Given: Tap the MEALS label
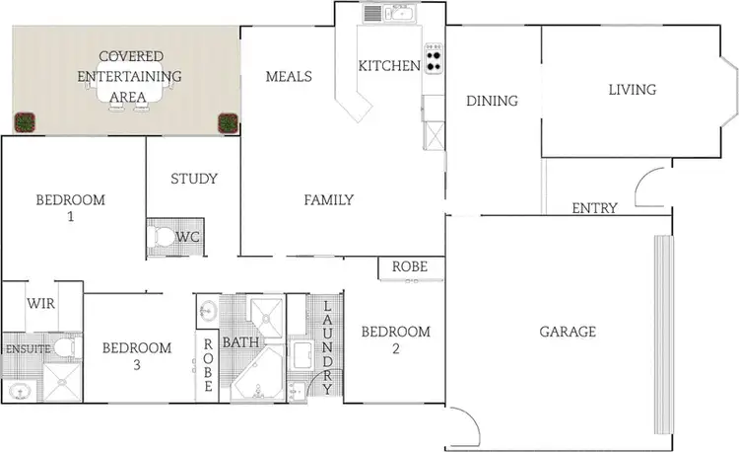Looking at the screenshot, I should pyautogui.click(x=289, y=77).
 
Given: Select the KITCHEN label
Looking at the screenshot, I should pyautogui.click(x=388, y=66).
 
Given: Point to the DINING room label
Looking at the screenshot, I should pyautogui.click(x=492, y=101).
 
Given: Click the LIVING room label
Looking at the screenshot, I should pyautogui.click(x=632, y=90).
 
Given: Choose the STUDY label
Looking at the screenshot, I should pyautogui.click(x=193, y=179).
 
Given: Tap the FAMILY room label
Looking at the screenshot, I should pyautogui.click(x=328, y=200).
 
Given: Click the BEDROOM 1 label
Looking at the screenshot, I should pyautogui.click(x=70, y=208).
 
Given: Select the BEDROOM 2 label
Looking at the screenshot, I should pyautogui.click(x=395, y=339).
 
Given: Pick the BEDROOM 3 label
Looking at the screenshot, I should pyautogui.click(x=137, y=356).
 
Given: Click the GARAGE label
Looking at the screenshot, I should pyautogui.click(x=567, y=332).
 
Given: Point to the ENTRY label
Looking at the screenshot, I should pyautogui.click(x=595, y=208).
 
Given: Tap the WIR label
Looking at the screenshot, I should pyautogui.click(x=40, y=304).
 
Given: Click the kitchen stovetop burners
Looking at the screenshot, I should pyautogui.click(x=434, y=58).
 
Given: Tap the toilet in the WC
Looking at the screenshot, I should pyautogui.click(x=162, y=238).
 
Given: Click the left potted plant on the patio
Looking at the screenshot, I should pyautogui.click(x=25, y=122).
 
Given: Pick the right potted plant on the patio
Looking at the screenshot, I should pyautogui.click(x=228, y=122).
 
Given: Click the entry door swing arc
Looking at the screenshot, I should pyautogui.click(x=649, y=186).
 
